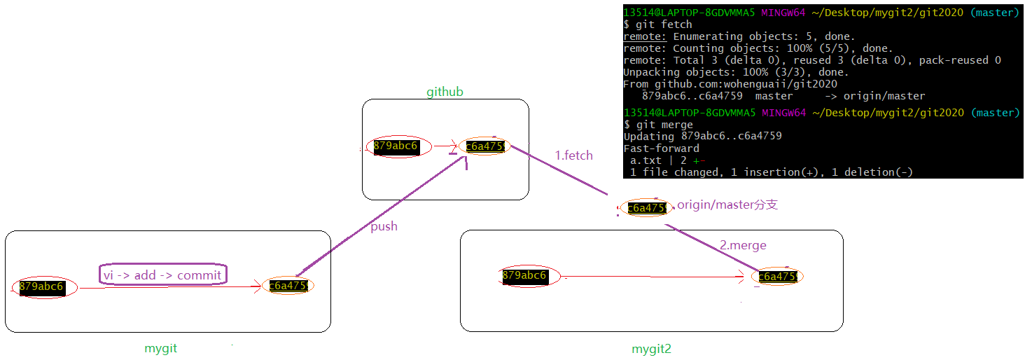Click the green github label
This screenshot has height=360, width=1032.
445,92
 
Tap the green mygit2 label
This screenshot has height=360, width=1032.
651,348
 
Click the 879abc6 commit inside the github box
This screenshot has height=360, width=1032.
396,146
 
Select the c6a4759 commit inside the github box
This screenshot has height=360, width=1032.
486,146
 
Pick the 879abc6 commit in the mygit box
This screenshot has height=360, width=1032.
42,286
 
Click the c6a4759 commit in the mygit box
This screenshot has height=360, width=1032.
288,286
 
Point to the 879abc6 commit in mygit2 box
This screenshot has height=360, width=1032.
524,276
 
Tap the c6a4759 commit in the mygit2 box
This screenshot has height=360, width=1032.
777,277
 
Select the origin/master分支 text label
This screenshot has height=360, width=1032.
727,205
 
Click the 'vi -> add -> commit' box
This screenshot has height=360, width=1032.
163,275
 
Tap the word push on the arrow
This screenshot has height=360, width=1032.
384,226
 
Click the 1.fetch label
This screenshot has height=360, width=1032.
573,155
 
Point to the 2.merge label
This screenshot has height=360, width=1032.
743,245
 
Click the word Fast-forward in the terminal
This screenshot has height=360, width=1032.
661,148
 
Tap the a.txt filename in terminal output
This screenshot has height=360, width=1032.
646,160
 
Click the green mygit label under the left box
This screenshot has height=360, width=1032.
160,348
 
